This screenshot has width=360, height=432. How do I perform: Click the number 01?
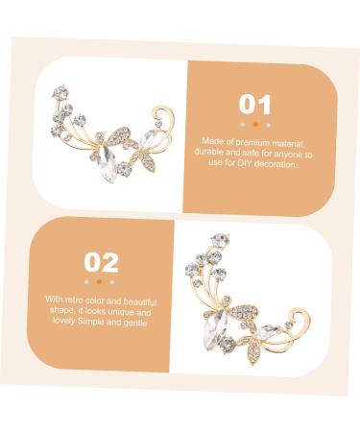click(x=254, y=105)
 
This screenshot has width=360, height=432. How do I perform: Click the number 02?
click(x=101, y=262)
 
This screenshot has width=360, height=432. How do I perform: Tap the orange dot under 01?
click(x=254, y=124)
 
